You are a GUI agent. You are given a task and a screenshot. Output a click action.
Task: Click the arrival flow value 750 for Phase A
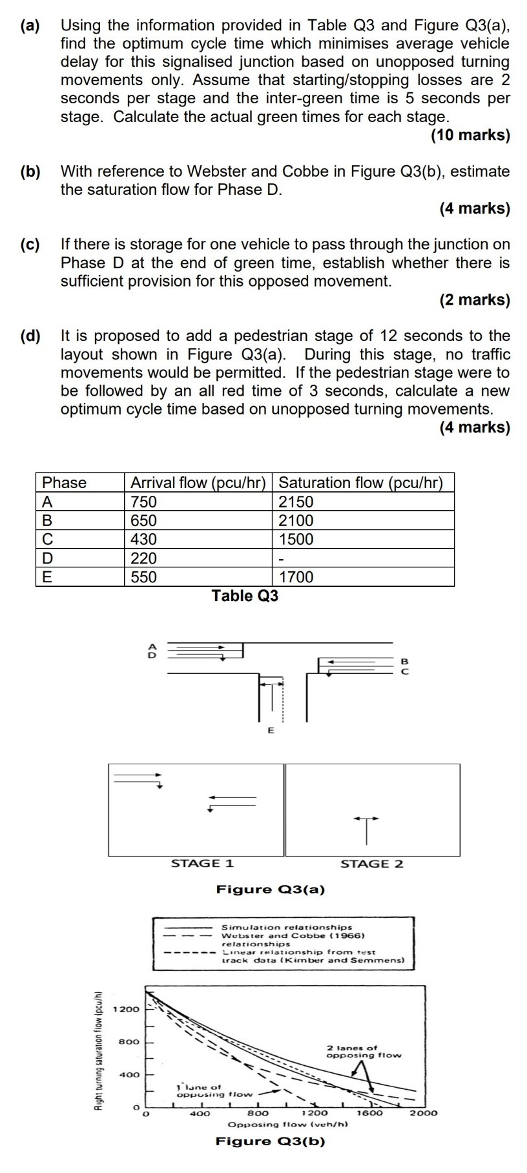pos(144,502)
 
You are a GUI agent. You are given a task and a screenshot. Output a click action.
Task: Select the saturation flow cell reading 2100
pos(296,520)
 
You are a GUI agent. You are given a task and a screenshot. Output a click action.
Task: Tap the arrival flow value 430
pos(144,539)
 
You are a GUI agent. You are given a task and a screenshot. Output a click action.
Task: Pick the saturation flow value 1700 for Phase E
pos(296,576)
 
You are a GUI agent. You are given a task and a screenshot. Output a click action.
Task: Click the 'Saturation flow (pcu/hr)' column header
pos(360,483)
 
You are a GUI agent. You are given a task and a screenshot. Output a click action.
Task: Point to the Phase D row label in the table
pos(47,558)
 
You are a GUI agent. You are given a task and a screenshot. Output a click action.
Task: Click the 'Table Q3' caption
pos(245,596)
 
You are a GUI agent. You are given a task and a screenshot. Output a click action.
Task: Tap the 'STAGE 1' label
pos(202,864)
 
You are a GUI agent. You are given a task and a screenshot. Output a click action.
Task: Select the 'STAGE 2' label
pos(371,864)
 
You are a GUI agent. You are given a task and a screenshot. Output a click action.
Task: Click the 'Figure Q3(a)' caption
pos(271,890)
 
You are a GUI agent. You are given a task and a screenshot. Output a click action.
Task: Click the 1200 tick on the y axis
pos(126,1009)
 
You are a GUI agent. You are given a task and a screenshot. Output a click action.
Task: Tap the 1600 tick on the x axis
pos(369,1112)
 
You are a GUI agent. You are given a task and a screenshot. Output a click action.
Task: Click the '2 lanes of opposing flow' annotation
pos(363,1052)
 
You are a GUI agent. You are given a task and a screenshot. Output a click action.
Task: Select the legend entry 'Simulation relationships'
pos(287,927)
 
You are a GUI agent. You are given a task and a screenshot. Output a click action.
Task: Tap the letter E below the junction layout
pos(271,731)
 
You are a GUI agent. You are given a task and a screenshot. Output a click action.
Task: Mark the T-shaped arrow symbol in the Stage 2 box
pos(366,828)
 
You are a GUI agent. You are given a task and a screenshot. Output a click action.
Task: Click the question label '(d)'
pos(30,336)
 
